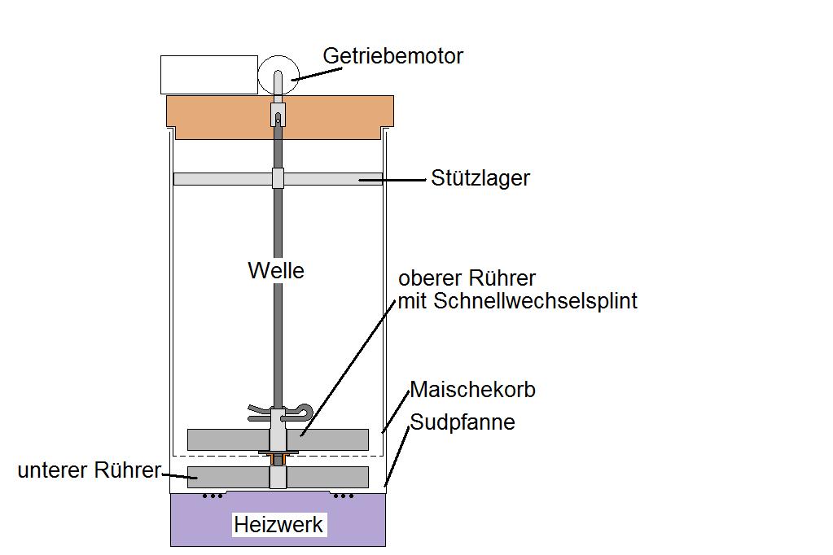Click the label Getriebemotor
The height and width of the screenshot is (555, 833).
click(x=392, y=56)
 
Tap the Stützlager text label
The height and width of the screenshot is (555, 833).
click(x=480, y=178)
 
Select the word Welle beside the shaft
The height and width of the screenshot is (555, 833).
click(x=275, y=270)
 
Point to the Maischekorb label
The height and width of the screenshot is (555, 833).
click(x=472, y=390)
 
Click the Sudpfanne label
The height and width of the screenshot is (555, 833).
click(x=462, y=422)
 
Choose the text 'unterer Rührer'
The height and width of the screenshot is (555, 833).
click(x=89, y=470)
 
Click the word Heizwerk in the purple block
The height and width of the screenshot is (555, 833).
click(x=278, y=525)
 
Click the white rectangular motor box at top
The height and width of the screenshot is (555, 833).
click(x=208, y=75)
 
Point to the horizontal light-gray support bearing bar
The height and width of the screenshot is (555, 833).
click(x=220, y=179)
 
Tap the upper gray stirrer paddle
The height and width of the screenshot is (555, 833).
click(x=220, y=439)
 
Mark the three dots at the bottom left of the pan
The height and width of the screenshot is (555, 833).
click(x=213, y=495)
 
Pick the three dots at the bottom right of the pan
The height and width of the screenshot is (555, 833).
click(x=344, y=495)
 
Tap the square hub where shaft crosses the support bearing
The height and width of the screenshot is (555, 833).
click(x=278, y=179)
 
